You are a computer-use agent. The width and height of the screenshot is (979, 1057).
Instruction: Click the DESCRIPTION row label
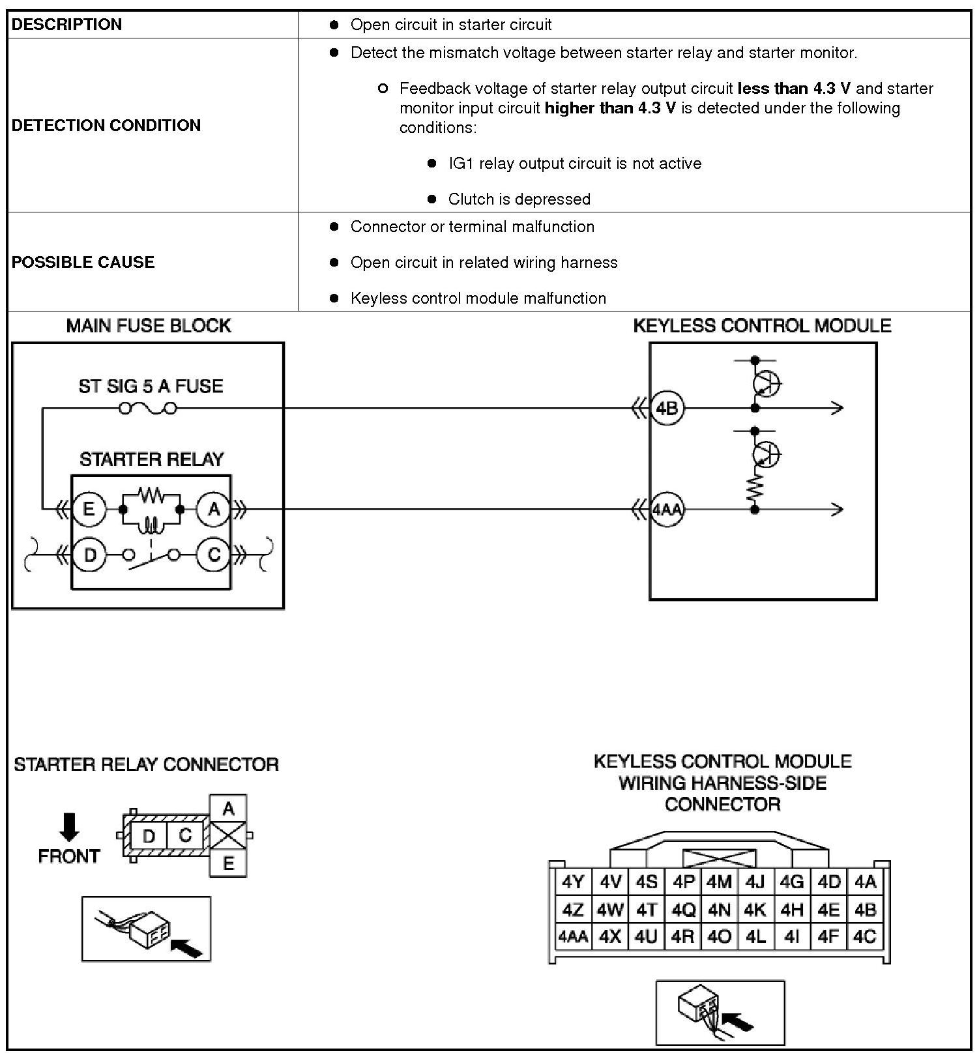[66, 25]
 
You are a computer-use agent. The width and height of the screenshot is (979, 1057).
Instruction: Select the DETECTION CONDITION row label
[106, 125]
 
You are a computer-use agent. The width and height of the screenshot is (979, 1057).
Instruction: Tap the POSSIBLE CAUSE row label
[83, 262]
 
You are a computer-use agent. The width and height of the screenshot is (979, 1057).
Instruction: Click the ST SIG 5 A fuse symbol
[147, 409]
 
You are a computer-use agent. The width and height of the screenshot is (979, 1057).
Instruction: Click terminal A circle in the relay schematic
[214, 509]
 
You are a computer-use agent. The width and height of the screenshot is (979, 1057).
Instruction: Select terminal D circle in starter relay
[89, 555]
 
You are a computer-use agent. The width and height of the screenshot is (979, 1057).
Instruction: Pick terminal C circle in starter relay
[214, 555]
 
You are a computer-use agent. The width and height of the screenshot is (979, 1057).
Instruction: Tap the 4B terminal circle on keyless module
[667, 409]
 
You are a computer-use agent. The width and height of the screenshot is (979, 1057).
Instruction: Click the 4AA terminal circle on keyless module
[667, 509]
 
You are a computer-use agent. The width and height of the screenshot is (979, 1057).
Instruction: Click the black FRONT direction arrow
[68, 826]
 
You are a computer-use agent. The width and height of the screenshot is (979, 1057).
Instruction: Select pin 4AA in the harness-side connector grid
[572, 937]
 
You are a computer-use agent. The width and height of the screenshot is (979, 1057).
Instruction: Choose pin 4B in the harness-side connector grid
[866, 910]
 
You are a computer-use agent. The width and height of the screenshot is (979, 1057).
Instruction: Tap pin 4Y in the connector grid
[572, 882]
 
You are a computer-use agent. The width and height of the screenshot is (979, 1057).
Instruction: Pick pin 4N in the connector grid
[719, 910]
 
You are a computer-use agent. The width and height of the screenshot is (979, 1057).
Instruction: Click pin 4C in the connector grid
[866, 937]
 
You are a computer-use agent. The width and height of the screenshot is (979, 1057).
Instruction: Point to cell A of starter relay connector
[227, 809]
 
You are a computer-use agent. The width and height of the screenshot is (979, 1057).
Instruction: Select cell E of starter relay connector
[227, 864]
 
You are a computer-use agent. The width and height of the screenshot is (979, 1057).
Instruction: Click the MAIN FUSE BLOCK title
[149, 326]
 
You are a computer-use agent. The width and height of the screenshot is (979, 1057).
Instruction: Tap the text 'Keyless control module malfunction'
[478, 298]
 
